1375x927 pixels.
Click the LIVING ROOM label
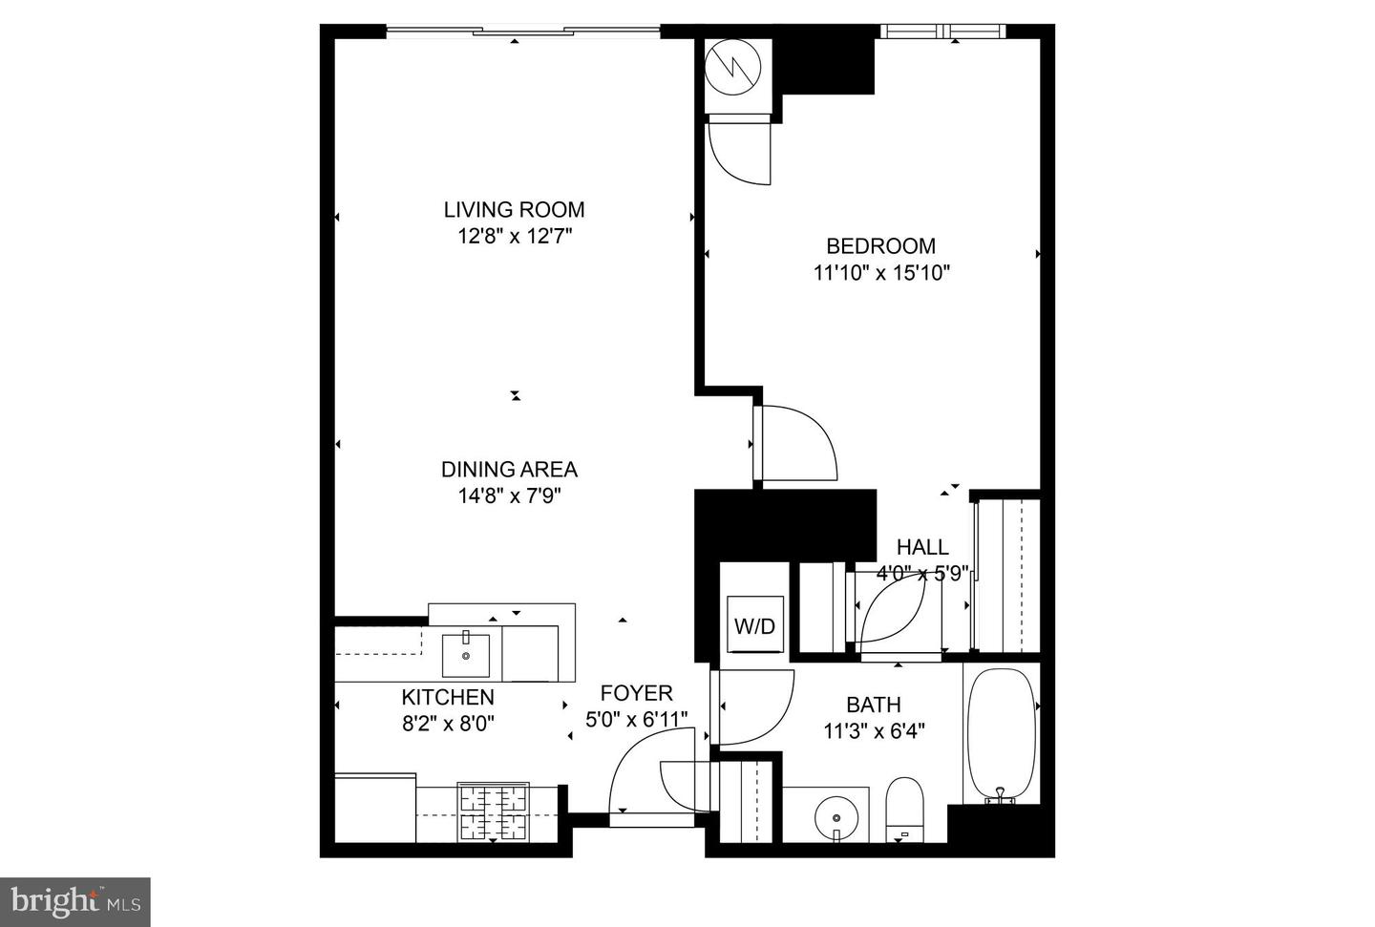click(514, 209)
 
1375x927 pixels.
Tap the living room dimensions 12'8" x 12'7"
click(514, 236)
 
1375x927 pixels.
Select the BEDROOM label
click(880, 246)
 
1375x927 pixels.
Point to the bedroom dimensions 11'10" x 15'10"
click(880, 273)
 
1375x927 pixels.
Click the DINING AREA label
click(509, 470)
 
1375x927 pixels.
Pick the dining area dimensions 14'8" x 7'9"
click(509, 496)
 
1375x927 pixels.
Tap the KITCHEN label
click(447, 697)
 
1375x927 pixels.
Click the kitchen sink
click(466, 654)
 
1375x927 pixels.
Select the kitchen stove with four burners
click(494, 811)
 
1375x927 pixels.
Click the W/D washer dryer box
click(754, 626)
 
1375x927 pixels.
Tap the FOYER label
click(636, 693)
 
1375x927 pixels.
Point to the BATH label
click(873, 705)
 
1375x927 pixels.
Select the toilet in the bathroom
click(904, 807)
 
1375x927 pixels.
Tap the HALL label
click(922, 547)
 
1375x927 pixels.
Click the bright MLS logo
click(75, 902)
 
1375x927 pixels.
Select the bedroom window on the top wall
click(942, 32)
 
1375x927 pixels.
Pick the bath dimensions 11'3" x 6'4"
click(873, 731)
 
